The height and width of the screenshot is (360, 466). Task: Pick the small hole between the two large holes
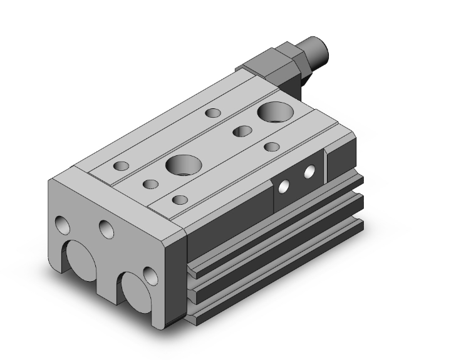point(241,131)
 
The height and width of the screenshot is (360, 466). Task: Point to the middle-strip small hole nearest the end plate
point(150,184)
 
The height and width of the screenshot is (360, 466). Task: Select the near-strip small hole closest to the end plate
point(180,200)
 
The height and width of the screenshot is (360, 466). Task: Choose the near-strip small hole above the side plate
point(271,147)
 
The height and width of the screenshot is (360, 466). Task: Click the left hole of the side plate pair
point(284,185)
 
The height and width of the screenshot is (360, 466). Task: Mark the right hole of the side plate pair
point(309,171)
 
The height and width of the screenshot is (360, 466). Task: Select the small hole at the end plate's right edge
point(149,275)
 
